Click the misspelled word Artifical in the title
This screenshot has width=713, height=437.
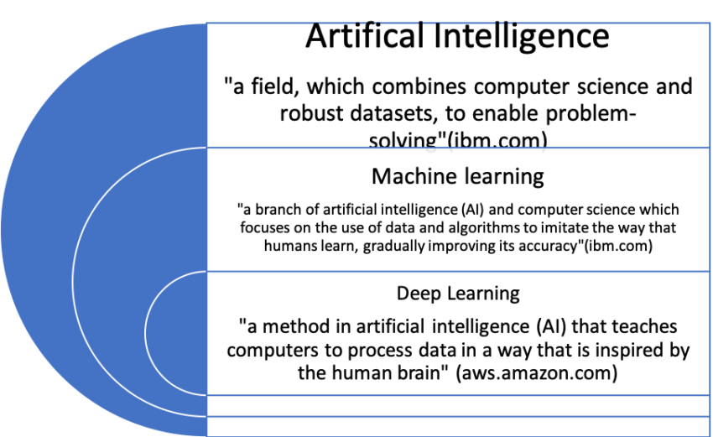pos(366,35)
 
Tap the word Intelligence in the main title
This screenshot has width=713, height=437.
pos(522,37)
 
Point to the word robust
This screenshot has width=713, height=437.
pos(310,113)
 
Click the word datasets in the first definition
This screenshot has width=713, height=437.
pos(394,113)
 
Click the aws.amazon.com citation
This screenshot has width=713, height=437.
pos(537,373)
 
